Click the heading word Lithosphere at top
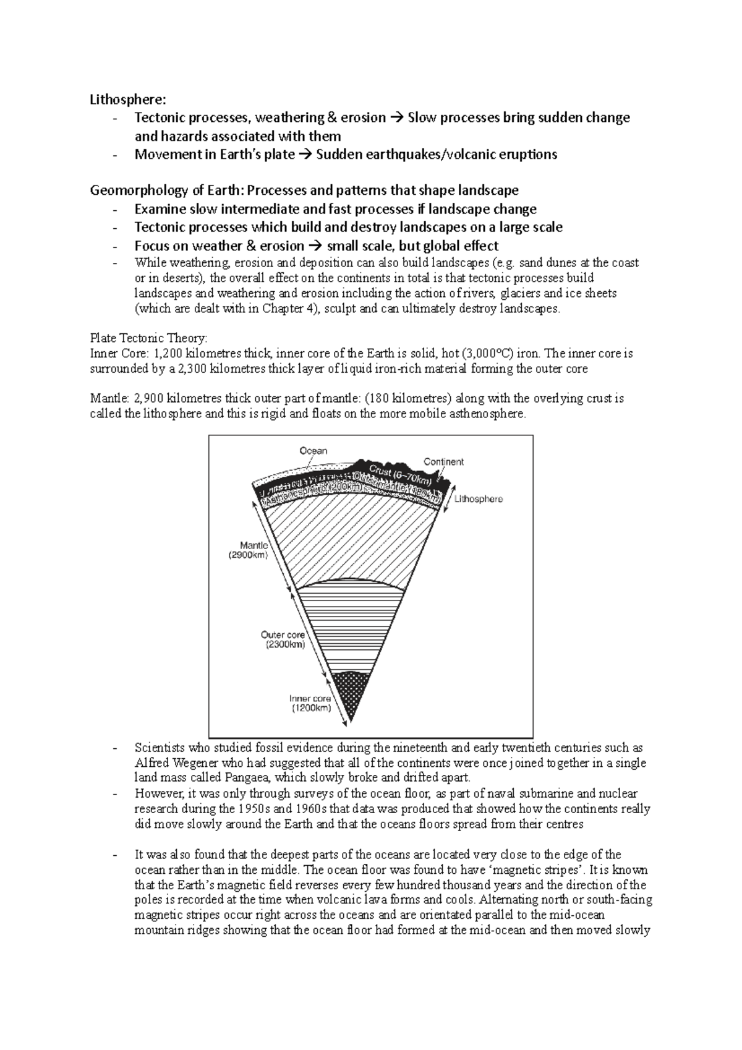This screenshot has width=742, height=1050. click(128, 99)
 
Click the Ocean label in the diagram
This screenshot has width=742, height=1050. click(313, 451)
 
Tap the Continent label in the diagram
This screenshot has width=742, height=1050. click(443, 462)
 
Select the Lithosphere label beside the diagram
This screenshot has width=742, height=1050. click(479, 499)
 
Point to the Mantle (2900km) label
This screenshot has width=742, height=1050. click(254, 550)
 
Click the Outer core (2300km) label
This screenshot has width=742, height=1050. click(283, 640)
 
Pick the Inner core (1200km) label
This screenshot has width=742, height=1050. click(311, 704)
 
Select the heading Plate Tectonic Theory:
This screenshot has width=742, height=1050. click(149, 338)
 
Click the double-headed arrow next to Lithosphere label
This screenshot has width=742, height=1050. click(446, 498)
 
